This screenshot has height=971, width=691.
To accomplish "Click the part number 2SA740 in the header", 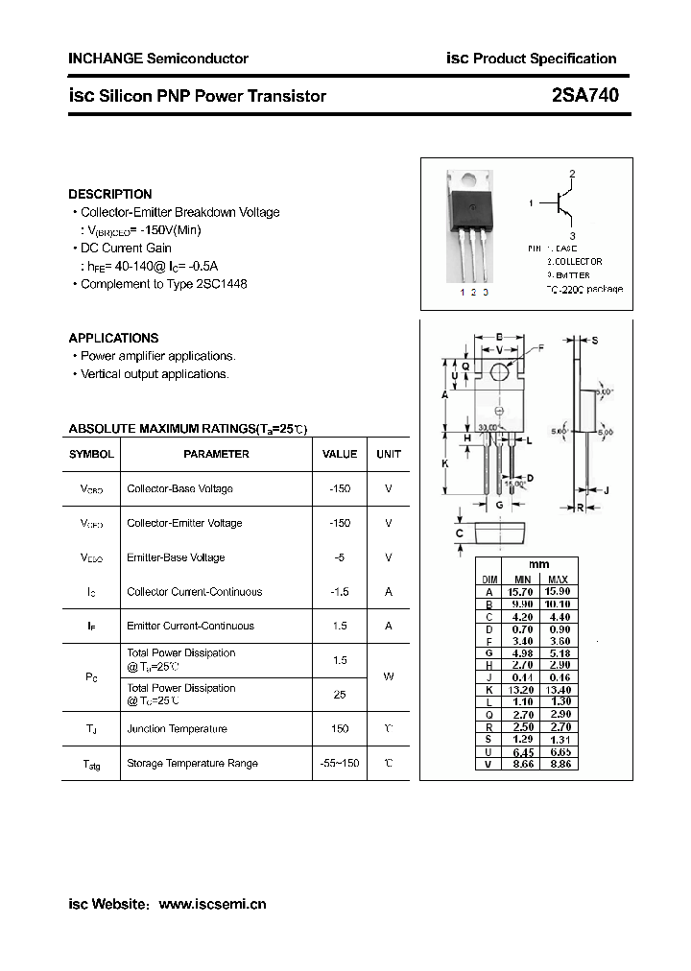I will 585,95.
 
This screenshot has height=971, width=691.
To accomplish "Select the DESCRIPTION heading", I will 110,194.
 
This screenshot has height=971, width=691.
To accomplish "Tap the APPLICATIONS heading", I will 113,338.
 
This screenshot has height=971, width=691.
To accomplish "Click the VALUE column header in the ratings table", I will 340,454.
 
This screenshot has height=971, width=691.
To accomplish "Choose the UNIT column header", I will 389,454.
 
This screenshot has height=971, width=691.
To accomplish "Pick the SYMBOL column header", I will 92,454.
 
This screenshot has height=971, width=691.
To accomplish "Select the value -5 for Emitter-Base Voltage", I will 340,557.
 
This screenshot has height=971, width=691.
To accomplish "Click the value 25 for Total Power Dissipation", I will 340,694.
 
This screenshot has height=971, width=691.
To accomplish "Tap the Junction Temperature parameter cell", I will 177,729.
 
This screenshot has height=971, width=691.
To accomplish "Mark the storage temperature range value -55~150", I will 340,764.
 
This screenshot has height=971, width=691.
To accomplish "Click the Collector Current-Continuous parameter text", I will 194,592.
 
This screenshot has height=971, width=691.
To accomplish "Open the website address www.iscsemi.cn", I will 212,904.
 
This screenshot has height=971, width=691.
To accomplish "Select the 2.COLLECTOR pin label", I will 575,261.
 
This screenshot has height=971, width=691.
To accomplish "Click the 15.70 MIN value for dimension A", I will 521,592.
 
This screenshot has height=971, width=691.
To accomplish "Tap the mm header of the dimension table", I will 539,564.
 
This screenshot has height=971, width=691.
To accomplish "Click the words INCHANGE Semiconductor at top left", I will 158,59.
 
